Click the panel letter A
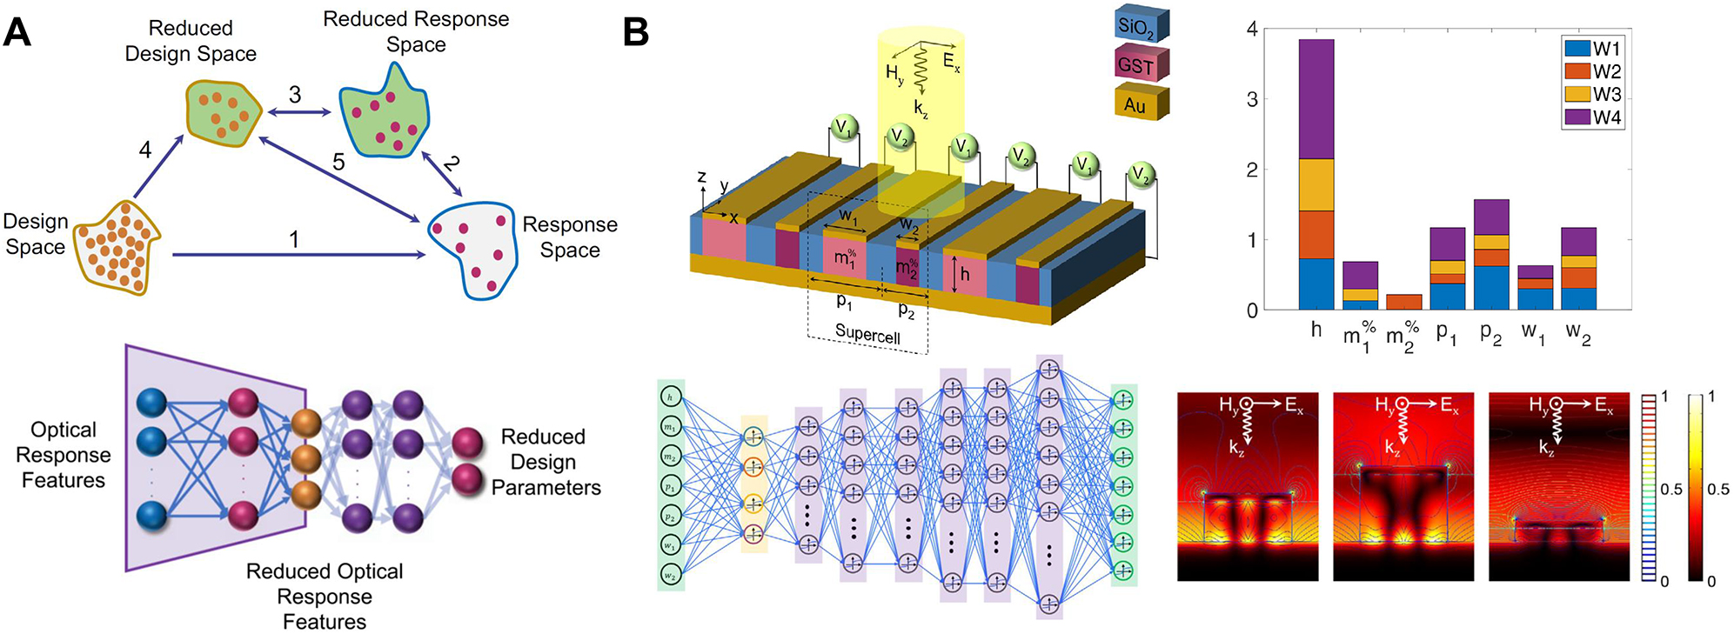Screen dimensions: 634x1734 [x=17, y=33]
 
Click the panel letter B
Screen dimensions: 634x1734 [x=636, y=33]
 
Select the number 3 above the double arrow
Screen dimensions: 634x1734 [x=295, y=95]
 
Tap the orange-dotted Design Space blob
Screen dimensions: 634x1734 [x=117, y=248]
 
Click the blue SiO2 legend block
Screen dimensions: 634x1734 [x=1141, y=26]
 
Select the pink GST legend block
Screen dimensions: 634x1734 [x=1141, y=65]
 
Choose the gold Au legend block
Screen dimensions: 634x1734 [x=1140, y=104]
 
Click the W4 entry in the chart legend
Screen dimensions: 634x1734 [x=1606, y=117]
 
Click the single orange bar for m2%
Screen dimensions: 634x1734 [x=1403, y=302]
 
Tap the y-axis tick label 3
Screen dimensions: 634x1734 [x=1251, y=99]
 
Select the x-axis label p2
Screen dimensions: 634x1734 [x=1490, y=333]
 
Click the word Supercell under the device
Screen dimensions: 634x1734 [x=867, y=333]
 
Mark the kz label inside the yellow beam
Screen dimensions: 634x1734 [x=921, y=109]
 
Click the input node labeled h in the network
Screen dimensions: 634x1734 [x=670, y=397]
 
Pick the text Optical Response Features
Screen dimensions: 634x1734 [x=64, y=455]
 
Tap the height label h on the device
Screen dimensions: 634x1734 [x=964, y=275]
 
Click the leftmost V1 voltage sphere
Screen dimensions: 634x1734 [x=842, y=129]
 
